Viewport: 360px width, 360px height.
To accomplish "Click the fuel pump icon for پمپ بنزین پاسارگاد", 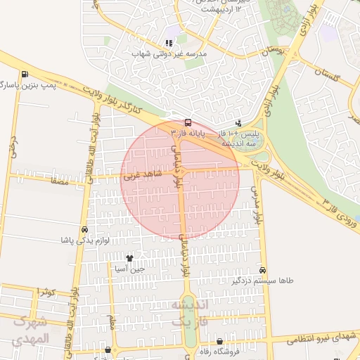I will point(25,75).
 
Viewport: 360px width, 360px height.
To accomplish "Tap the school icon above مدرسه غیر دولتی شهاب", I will point(169,42).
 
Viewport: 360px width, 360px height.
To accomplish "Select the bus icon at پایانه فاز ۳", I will point(187,121).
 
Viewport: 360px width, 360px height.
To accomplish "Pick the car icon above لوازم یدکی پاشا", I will point(85,230).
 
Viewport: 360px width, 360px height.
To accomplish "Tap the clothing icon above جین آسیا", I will point(129,258).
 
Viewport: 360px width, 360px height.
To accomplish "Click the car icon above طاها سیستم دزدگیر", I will point(262,270).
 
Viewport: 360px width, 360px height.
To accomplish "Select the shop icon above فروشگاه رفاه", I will point(219,341).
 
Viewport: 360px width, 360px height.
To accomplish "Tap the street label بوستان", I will point(275,52).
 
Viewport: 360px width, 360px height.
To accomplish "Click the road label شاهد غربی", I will point(141,172).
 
